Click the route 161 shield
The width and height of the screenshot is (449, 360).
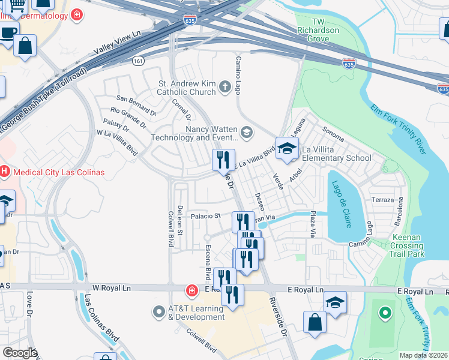[x=139, y=61]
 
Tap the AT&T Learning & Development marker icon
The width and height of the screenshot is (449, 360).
[x=159, y=312]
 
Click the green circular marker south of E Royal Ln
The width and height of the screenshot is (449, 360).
[x=385, y=313]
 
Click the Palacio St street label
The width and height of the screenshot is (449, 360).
[x=206, y=216]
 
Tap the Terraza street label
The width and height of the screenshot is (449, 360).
[x=382, y=200]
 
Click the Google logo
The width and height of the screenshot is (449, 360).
[x=20, y=353]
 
